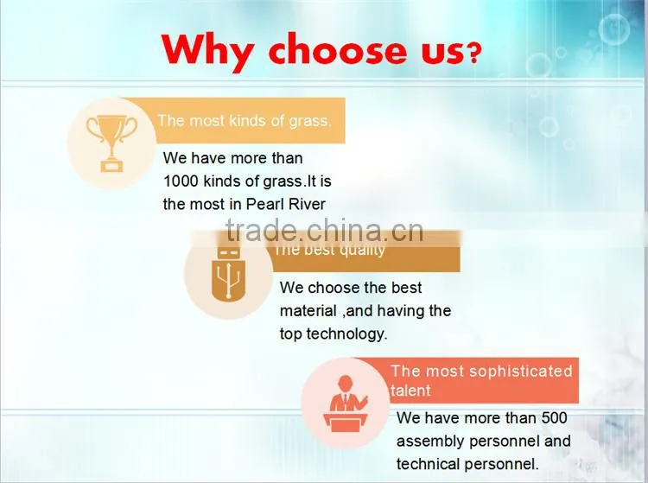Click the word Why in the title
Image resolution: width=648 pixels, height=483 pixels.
point(207,52)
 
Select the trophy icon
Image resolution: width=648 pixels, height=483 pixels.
point(111,143)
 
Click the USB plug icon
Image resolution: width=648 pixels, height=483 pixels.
point(228,274)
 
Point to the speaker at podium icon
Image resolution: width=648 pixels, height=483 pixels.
point(346,404)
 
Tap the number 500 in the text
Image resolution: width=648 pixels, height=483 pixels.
point(554,417)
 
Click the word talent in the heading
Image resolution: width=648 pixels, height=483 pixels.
point(410,391)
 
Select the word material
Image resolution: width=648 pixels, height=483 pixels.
point(308,311)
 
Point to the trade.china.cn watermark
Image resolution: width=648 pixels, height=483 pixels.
point(325,231)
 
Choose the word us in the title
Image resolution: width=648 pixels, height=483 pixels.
point(443,53)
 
